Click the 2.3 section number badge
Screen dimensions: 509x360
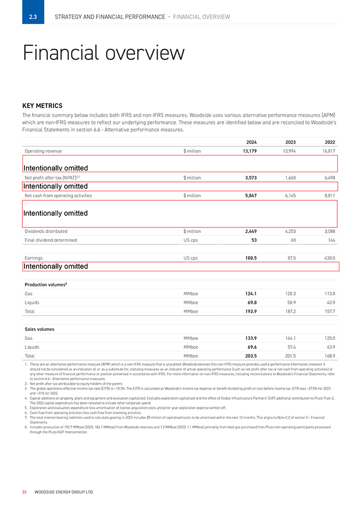click(33, 17)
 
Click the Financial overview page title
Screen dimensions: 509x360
click(103, 53)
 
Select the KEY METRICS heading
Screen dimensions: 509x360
click(42, 106)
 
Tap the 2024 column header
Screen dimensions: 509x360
click(251, 142)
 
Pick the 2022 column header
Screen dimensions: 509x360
click(329, 142)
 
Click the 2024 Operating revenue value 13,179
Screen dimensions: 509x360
click(247, 151)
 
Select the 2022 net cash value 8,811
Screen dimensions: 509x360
click(328, 196)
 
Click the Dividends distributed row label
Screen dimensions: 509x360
click(46, 231)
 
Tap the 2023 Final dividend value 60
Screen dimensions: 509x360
click(293, 240)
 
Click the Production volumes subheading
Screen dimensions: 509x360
click(46, 284)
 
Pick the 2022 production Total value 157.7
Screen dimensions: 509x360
click(329, 311)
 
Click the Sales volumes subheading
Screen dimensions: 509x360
click(40, 329)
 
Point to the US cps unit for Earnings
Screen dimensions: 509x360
click(190, 258)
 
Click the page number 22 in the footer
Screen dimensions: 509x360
click(24, 492)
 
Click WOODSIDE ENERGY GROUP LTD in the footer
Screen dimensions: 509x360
click(63, 492)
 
